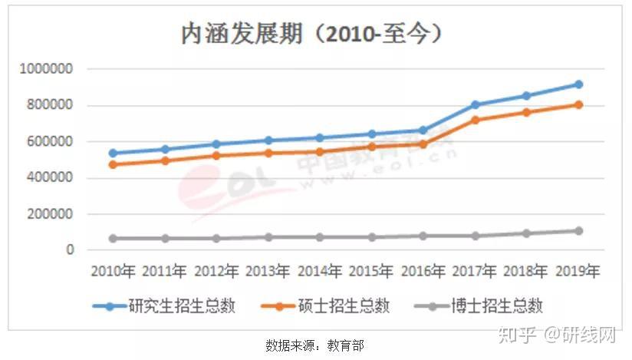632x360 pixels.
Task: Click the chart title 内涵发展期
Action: tap(242, 33)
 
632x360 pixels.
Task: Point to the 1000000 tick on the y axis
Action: tap(46, 68)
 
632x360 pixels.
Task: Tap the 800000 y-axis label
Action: tap(50, 105)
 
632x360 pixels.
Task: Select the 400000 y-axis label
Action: tap(50, 177)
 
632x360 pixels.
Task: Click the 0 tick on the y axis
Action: tap(70, 249)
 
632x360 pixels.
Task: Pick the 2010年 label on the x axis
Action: tap(114, 271)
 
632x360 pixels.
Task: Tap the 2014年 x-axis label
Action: tap(320, 271)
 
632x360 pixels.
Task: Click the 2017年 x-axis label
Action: tap(475, 271)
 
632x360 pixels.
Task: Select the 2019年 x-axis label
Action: tap(578, 271)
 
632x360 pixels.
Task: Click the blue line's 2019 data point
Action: tap(579, 84)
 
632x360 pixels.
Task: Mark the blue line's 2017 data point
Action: tap(476, 104)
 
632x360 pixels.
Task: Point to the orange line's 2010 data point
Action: tap(114, 165)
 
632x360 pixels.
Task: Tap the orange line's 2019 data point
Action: tap(579, 105)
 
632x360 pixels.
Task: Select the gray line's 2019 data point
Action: tap(579, 231)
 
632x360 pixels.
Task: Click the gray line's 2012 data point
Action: tap(216, 239)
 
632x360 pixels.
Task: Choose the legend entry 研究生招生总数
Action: tap(163, 306)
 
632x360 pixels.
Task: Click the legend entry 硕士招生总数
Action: tap(325, 306)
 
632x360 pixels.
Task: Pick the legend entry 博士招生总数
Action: tap(479, 306)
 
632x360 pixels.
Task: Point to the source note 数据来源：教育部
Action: tap(314, 345)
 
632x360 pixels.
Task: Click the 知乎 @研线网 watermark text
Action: tap(558, 335)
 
